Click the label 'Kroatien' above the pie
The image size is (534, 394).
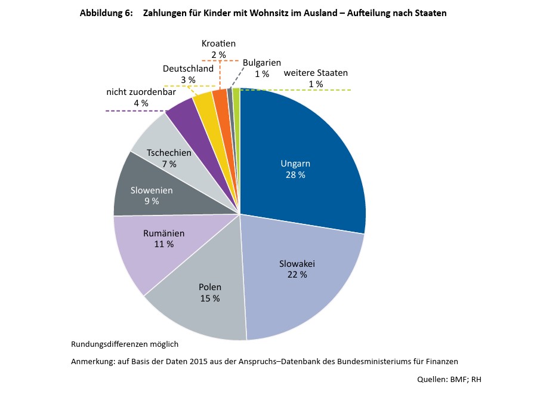click(218, 44)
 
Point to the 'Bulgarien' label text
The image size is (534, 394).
click(262, 63)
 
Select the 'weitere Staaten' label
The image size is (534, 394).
click(316, 73)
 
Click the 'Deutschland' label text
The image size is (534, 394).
click(188, 69)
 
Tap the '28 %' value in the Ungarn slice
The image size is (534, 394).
click(295, 175)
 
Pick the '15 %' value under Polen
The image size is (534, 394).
click(209, 298)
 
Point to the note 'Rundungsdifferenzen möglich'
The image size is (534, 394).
click(125, 344)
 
